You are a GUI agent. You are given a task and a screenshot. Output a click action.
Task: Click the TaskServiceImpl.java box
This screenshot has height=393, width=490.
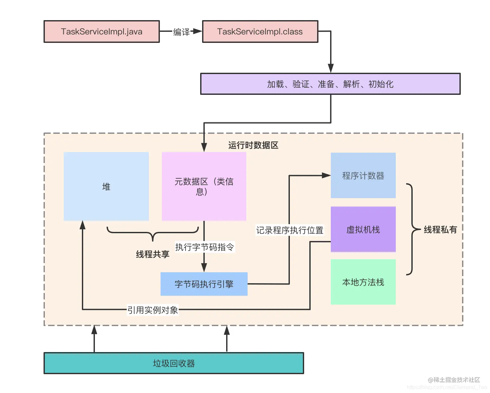101,32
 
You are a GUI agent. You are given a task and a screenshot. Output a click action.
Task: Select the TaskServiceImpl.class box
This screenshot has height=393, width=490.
260,32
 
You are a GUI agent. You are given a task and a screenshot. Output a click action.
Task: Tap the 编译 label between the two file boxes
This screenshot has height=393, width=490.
181,32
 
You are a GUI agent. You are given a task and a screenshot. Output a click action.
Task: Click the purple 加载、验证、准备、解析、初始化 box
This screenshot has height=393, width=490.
330,84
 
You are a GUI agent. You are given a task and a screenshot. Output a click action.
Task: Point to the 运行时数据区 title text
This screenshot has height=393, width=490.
253,145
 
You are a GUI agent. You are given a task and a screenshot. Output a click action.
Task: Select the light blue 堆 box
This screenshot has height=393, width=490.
106,186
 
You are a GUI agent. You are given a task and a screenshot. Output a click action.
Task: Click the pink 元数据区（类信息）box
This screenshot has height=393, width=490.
204,186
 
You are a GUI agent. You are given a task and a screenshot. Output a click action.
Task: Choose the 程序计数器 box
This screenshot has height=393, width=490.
363,175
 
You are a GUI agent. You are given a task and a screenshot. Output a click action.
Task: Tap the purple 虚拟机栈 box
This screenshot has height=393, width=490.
363,229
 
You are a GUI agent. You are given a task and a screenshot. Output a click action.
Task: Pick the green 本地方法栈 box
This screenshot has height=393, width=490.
363,282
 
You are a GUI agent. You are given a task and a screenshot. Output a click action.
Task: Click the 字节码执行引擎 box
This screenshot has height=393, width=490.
204,284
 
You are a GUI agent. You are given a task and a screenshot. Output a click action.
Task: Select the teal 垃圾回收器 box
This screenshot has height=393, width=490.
174,363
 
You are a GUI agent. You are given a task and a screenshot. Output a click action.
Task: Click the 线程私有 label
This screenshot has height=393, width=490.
440,230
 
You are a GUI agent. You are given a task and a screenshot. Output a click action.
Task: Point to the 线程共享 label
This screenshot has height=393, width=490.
152,254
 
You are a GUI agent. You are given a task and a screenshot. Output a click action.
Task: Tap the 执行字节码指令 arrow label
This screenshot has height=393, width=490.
204,247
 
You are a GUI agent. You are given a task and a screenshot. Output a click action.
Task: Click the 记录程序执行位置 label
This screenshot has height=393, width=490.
290,230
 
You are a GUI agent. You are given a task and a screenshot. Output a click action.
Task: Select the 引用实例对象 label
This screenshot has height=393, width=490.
152,310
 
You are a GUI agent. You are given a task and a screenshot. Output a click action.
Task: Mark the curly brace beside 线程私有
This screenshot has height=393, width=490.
412,229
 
